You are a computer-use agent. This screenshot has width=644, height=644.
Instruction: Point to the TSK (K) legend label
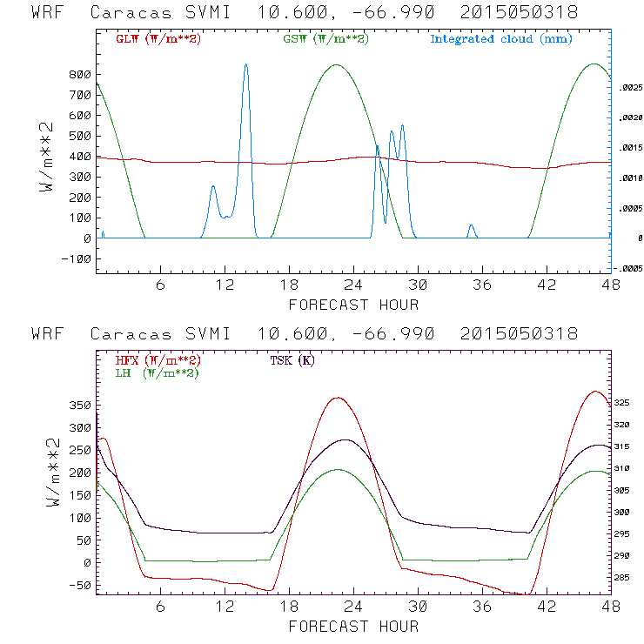click(x=292, y=360)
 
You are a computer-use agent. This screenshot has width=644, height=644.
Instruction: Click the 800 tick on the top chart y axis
click(x=80, y=75)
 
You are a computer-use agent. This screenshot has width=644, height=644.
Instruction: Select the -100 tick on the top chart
click(x=77, y=258)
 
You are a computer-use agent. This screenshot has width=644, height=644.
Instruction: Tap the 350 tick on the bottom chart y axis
click(x=80, y=406)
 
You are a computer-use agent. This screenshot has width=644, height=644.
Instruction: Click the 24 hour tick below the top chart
click(x=353, y=285)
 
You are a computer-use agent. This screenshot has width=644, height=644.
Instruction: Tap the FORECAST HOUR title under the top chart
click(x=353, y=305)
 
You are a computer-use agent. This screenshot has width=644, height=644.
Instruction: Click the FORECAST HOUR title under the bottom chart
click(x=353, y=626)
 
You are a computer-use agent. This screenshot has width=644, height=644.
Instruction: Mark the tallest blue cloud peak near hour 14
click(x=246, y=64)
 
